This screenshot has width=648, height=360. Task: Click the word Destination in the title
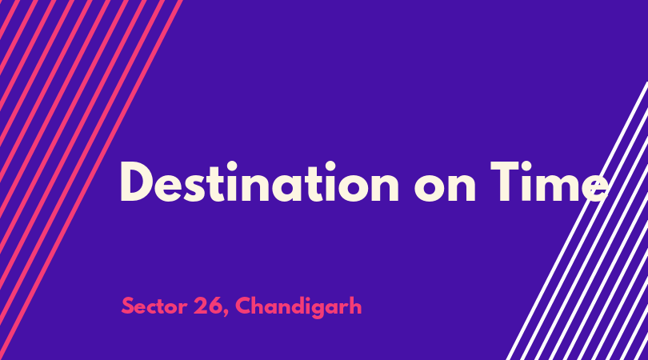pos(259,182)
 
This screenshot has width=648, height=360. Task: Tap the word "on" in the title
pos(445,187)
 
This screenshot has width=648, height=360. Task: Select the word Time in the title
pos(550,182)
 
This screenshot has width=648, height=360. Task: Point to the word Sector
pos(154,306)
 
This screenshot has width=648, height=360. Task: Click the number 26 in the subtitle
pos(208,306)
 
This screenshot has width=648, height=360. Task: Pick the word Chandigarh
pos(298,306)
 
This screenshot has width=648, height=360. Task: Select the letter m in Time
pos(555,187)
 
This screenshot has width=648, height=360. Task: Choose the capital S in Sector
pos(129,306)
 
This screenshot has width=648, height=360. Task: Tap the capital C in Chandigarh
pos(244,306)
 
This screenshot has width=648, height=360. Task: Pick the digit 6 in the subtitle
pos(215,306)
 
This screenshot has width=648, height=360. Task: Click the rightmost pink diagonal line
pos(91,180)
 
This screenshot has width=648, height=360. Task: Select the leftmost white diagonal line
pos(577,221)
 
